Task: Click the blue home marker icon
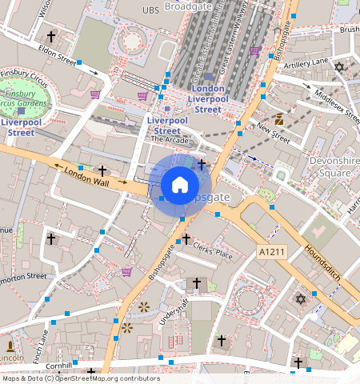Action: (180, 185)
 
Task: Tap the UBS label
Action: (150, 10)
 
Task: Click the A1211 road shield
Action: (270, 252)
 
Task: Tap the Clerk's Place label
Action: (213, 251)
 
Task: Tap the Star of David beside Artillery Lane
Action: (338, 67)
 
